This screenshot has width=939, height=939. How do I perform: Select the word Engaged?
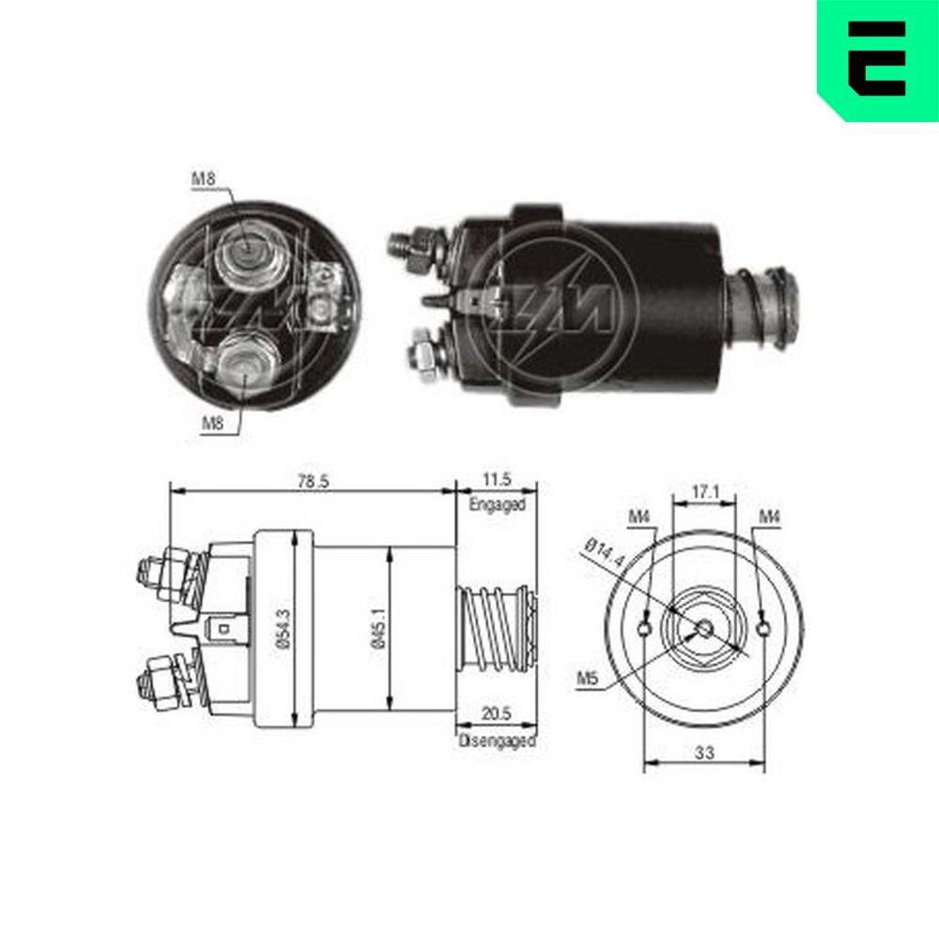click(x=497, y=504)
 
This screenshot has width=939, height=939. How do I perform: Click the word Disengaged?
click(x=497, y=741)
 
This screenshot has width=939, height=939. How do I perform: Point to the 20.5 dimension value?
click(x=498, y=715)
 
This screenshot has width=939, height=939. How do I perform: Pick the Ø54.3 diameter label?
click(x=281, y=627)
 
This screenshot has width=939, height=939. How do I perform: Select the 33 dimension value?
click(x=704, y=751)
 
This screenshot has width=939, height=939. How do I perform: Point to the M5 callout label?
click(x=588, y=679)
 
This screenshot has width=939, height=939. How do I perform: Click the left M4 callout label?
click(x=639, y=516)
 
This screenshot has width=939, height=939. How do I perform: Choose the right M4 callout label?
click(x=770, y=516)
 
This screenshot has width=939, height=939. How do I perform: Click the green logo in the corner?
click(x=877, y=59)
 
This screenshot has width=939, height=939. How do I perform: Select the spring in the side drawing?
click(x=494, y=626)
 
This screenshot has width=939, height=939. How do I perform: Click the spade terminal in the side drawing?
click(x=223, y=626)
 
